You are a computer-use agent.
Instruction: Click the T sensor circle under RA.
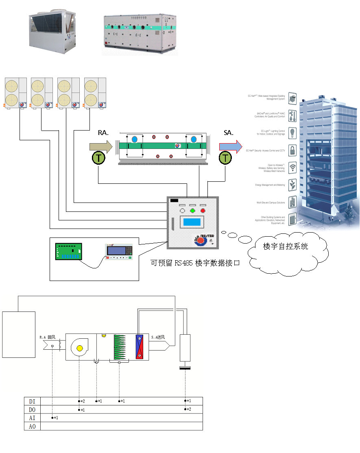[98, 158]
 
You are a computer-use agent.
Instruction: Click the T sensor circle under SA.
[225, 158]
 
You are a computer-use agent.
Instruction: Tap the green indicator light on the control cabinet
[192, 210]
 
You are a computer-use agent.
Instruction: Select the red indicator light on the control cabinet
[203, 210]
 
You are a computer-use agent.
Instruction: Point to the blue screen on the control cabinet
[192, 223]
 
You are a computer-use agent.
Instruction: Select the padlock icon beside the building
[292, 149]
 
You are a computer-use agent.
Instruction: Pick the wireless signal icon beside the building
[292, 167]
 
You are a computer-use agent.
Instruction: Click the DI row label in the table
[33, 401]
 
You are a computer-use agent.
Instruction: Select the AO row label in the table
[33, 427]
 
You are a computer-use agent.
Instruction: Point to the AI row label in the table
[33, 418]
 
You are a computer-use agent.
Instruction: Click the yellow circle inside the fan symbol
[80, 348]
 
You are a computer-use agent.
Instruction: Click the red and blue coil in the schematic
[140, 346]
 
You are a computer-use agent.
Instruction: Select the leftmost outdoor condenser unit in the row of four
[15, 93]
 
